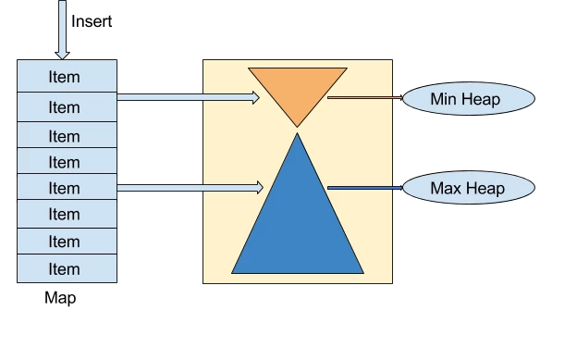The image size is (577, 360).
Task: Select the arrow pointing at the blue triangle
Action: point(190,188)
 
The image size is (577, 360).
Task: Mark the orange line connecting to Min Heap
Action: point(364,96)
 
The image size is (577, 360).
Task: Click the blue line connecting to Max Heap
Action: point(364,188)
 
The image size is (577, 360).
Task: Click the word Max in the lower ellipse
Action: point(446,188)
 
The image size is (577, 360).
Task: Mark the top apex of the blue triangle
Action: point(297,136)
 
